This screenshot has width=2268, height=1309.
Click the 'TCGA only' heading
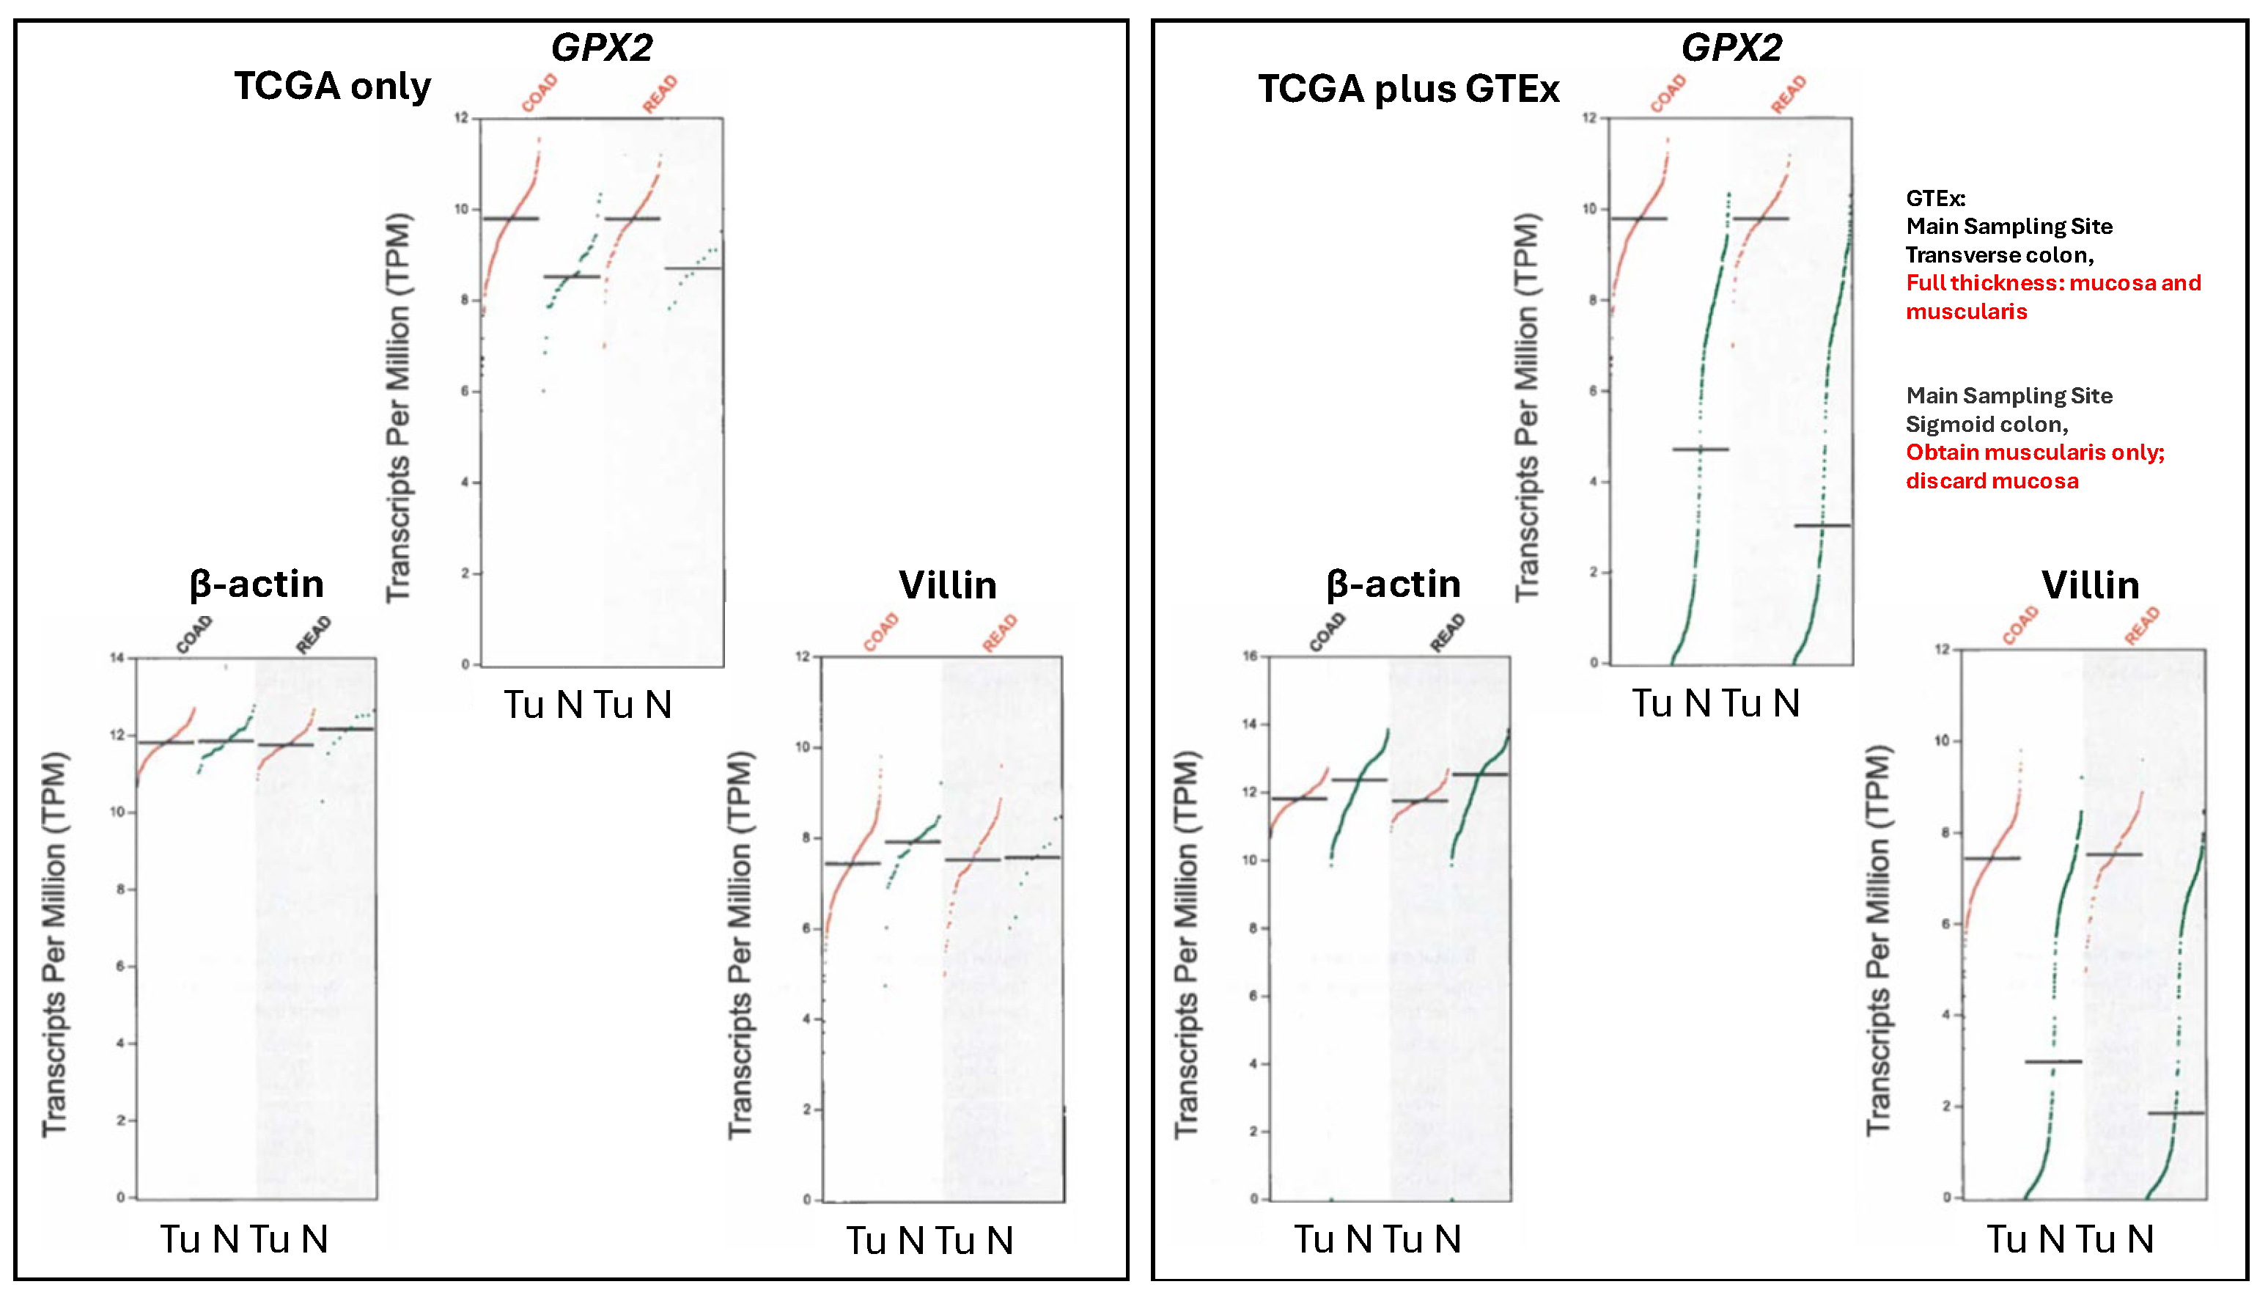coord(333,87)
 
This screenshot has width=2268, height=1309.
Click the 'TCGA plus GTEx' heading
coord(1408,89)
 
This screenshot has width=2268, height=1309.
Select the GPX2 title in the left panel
coord(601,47)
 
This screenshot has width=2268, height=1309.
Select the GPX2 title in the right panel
coord(1731,47)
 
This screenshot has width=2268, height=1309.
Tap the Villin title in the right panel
coord(2089,585)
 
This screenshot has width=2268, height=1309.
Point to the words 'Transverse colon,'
coord(1999,254)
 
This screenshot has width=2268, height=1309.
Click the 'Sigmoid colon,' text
coord(1987,425)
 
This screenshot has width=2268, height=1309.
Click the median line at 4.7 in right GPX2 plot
coord(1699,449)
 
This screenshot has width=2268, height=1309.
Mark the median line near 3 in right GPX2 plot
coord(1822,525)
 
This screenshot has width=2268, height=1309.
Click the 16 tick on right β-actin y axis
coord(1250,656)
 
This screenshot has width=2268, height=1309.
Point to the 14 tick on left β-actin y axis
coord(117,658)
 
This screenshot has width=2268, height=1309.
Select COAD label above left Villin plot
coord(880,631)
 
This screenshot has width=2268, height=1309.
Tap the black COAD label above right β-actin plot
coord(1328,632)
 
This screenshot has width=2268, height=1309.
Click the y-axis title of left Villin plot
coord(740,944)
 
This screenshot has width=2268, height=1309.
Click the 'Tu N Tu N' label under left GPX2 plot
coord(588,704)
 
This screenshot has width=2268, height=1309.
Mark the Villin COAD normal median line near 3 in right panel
coord(2052,1062)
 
